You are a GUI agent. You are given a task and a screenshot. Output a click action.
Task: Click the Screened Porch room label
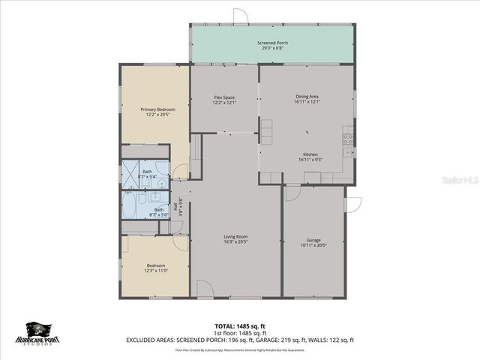[272, 43]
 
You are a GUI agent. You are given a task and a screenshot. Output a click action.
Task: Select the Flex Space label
[225, 97]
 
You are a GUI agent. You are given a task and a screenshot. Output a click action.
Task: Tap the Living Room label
[235, 237]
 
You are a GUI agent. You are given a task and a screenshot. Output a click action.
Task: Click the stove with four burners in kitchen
[349, 138]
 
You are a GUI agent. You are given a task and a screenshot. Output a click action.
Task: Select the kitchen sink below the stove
[348, 153]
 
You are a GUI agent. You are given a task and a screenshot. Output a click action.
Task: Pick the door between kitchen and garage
[292, 192]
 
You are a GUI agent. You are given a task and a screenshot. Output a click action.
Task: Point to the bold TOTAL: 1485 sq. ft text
[240, 326]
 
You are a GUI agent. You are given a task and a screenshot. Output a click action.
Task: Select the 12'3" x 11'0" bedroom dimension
[156, 271]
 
